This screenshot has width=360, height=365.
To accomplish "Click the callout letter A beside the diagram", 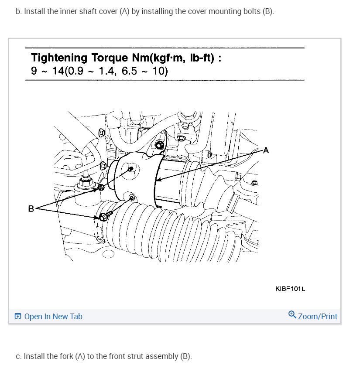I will (x=266, y=151).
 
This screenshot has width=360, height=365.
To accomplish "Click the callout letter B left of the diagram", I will (x=31, y=208).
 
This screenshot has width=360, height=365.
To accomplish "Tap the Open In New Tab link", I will (x=53, y=317).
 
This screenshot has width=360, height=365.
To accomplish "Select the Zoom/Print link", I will (x=318, y=317).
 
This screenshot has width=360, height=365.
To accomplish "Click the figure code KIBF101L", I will (x=290, y=288).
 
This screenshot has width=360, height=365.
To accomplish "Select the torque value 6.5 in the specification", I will (x=130, y=71).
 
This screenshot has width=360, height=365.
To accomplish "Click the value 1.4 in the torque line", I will (x=106, y=71).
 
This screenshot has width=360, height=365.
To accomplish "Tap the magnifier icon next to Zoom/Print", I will (x=292, y=315).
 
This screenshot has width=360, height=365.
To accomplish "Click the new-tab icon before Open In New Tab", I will (x=17, y=317).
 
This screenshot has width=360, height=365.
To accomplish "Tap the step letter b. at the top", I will (x=18, y=11).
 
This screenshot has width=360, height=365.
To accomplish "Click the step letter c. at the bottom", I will (x=18, y=356).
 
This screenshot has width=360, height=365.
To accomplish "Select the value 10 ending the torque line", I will (x=158, y=71).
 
